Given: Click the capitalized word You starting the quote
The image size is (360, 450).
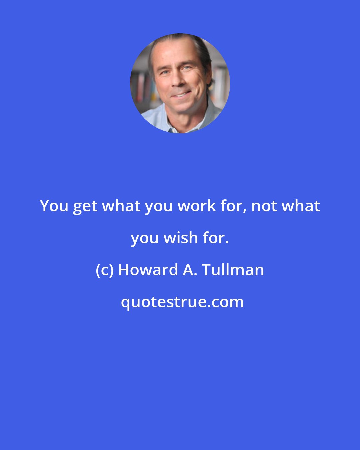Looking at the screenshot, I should pyautogui.click(x=54, y=206).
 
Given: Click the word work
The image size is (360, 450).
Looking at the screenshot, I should pyautogui.click(x=197, y=206).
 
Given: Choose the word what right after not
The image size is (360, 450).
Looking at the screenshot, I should pyautogui.click(x=301, y=206).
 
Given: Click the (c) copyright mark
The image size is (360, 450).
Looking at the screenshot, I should pyautogui.click(x=105, y=270).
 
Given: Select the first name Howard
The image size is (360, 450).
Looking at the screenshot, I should pyautogui.click(x=148, y=270).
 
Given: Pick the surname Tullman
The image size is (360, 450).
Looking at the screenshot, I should pyautogui.click(x=233, y=270).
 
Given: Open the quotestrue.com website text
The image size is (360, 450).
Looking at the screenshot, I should pyautogui.click(x=182, y=302).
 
